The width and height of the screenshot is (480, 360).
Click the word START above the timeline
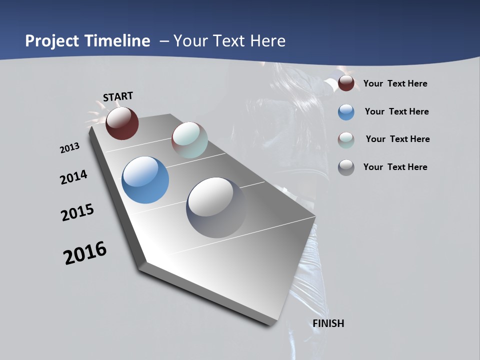(118, 96)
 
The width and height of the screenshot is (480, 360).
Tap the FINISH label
(328, 323)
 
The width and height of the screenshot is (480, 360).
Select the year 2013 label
(70, 148)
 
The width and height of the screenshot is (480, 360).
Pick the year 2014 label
(74, 177)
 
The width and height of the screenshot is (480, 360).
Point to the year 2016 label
(85, 253)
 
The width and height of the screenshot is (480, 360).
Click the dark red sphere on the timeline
(122, 123)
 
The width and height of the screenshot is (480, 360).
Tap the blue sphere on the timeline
(145, 180)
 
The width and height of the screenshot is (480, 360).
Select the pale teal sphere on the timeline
(189, 140)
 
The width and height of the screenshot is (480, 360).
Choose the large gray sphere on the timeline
(216, 207)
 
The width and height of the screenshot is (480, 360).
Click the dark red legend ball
(346, 83)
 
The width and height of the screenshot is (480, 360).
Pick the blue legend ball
(346, 112)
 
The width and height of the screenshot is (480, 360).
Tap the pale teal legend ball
(346, 140)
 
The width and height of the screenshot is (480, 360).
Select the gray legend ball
(346, 167)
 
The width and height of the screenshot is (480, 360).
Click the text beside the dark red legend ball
(395, 84)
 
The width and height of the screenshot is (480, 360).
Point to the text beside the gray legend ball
(395, 167)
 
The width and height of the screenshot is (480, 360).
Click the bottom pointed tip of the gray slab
(270, 324)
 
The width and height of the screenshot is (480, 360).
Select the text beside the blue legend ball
(396, 111)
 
